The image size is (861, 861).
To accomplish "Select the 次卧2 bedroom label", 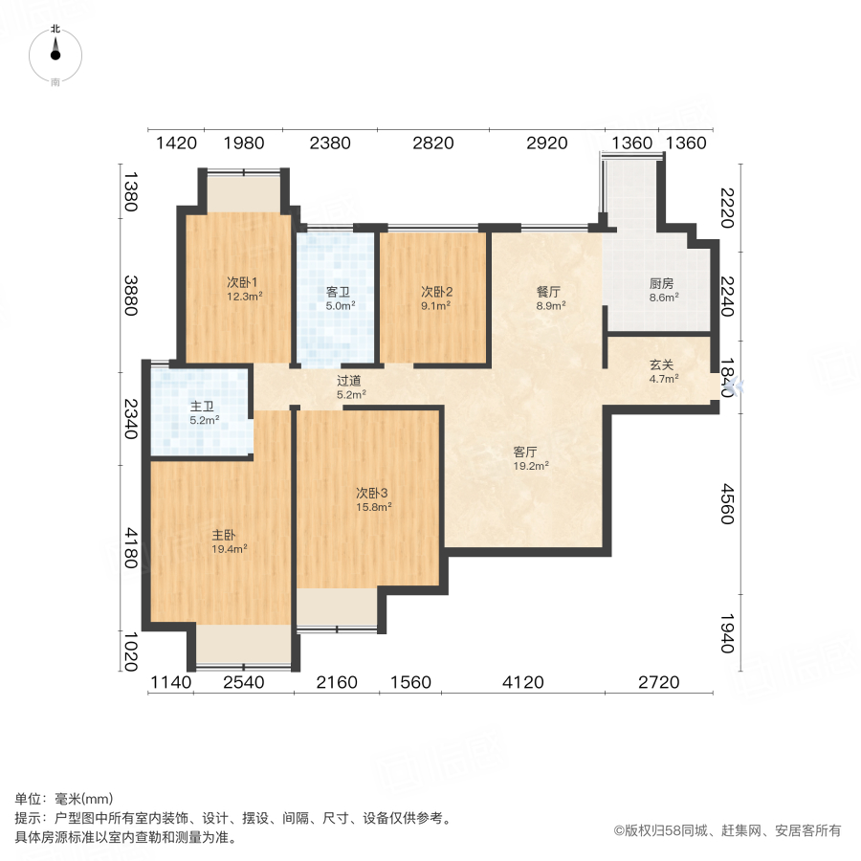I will pos(436,292).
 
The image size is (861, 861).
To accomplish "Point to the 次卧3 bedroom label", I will pos(372,494).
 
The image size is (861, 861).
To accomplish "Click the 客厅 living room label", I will pos(525,453).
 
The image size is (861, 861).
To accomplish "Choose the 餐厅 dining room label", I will pos(548,292).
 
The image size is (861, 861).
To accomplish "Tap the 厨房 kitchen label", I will pos(662,283).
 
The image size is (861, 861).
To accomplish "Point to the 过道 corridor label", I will pos(349,380).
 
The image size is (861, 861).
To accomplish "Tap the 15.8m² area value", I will pos(373,507).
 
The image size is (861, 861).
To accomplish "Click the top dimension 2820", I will pos(432,143).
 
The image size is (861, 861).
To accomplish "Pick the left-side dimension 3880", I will pos(132,295).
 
